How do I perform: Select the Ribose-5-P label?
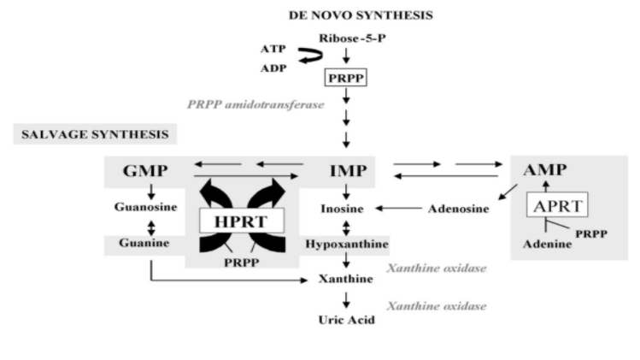point(346,38)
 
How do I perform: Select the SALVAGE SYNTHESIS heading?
point(94,134)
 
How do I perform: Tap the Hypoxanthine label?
point(346,245)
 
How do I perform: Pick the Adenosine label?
point(453,208)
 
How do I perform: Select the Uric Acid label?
point(346,321)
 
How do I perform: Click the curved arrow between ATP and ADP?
point(304,58)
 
